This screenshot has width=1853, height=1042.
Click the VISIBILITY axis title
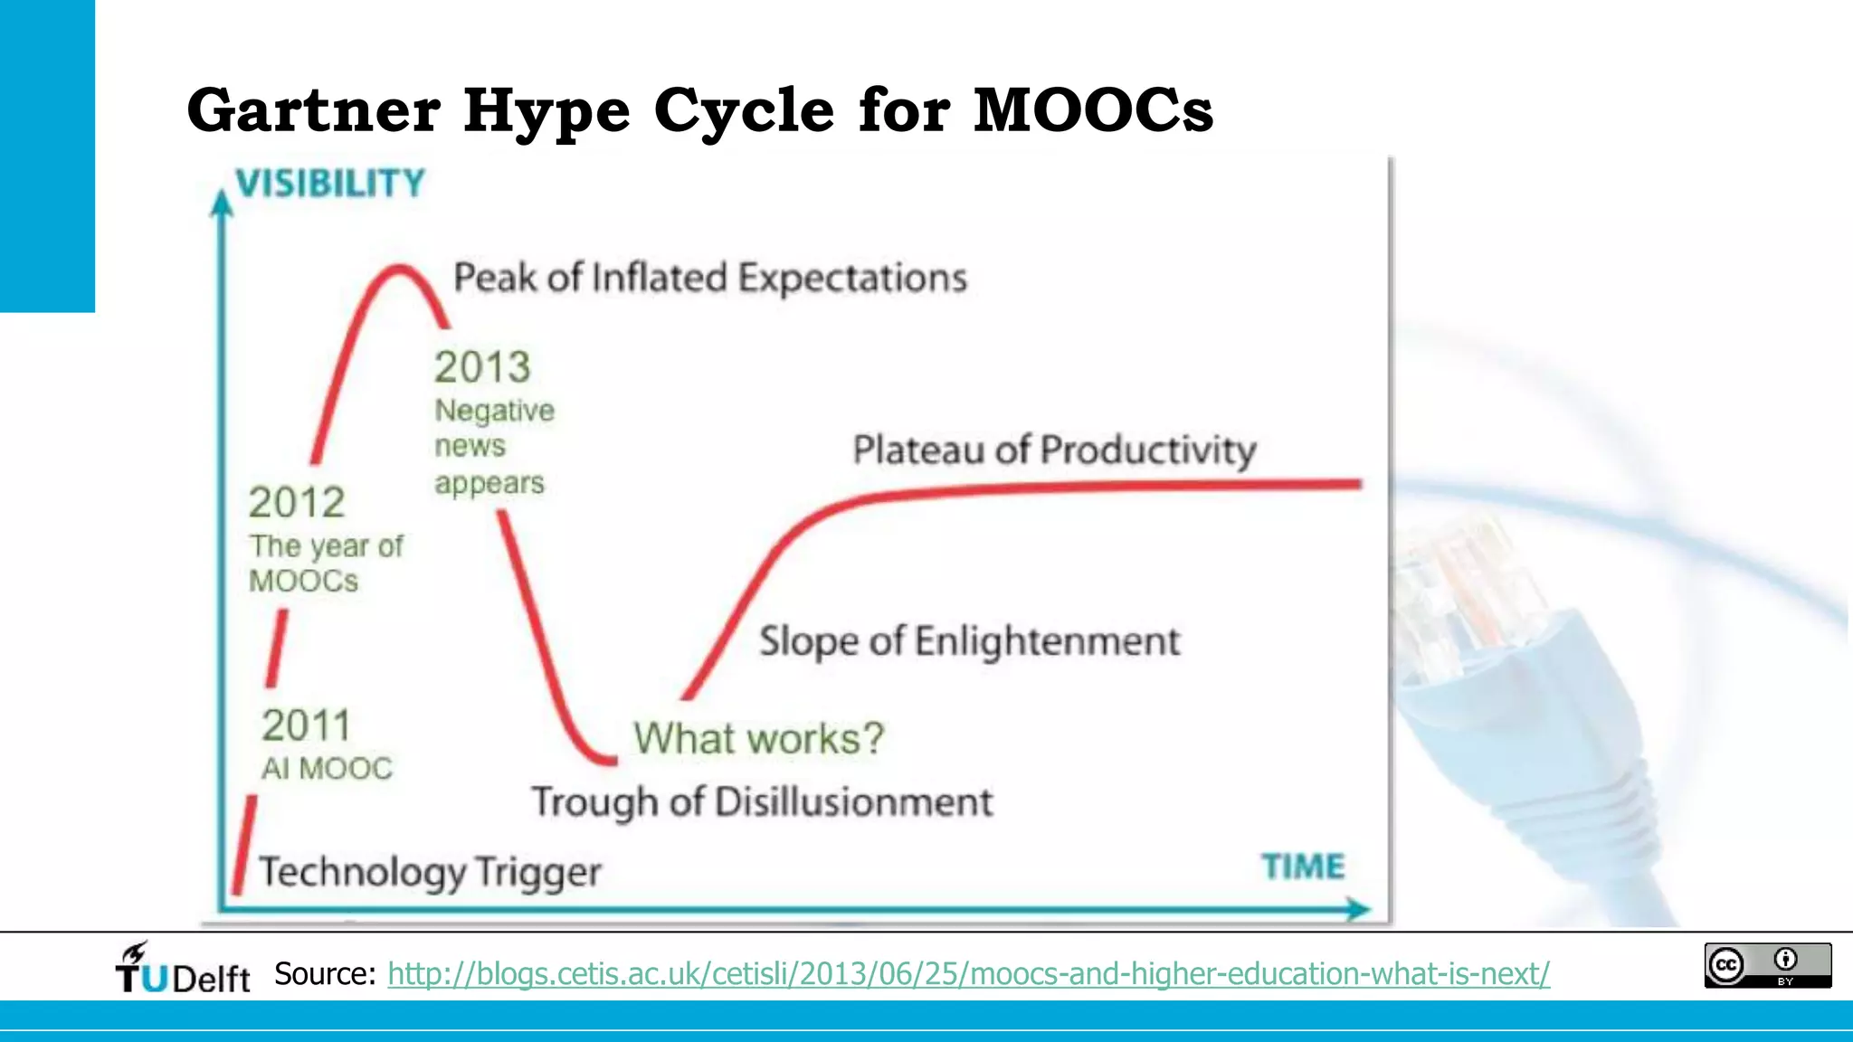(x=330, y=184)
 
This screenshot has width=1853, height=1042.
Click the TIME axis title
(x=1303, y=867)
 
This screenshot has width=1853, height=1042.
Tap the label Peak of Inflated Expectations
(x=710, y=278)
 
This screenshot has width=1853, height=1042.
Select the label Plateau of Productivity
(x=1054, y=450)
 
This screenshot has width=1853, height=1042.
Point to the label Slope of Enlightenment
(x=969, y=641)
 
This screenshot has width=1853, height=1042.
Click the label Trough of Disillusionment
(x=762, y=802)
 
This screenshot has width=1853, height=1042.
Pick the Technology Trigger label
(x=430, y=872)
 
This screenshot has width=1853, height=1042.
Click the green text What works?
(x=758, y=738)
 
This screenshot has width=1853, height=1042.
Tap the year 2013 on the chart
(x=482, y=367)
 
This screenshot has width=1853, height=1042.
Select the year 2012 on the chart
(x=297, y=503)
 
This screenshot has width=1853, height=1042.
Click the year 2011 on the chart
(x=306, y=725)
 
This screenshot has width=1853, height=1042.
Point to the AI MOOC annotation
(x=327, y=769)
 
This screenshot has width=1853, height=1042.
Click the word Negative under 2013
(x=494, y=411)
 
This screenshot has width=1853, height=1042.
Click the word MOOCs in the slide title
(x=1093, y=110)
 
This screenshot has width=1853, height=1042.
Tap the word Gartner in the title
(x=313, y=110)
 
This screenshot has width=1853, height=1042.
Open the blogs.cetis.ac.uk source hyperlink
(x=968, y=974)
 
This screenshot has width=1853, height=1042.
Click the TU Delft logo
(x=183, y=969)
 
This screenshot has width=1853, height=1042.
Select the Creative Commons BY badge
(x=1767, y=965)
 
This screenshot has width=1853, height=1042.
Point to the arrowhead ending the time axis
(x=1358, y=909)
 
